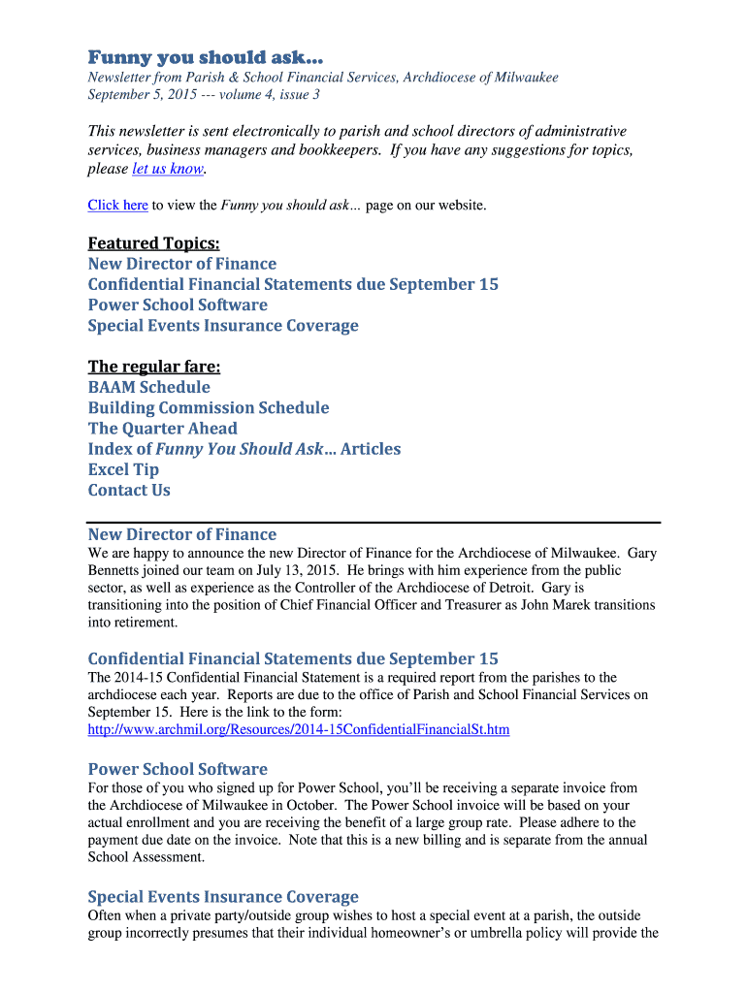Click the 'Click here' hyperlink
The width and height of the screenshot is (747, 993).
click(x=117, y=205)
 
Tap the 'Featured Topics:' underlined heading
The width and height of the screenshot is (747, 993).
click(x=153, y=242)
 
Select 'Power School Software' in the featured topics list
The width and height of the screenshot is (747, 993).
click(x=178, y=304)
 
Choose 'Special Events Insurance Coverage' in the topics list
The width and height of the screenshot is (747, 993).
click(x=223, y=325)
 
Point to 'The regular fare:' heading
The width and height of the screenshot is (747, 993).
click(x=153, y=367)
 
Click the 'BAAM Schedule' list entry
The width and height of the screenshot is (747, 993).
click(x=148, y=387)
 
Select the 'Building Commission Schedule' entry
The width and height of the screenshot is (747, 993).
click(x=209, y=407)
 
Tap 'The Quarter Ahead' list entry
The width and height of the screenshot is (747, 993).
click(x=162, y=428)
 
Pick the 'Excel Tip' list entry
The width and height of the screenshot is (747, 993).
click(x=123, y=469)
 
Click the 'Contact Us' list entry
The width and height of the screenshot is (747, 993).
click(x=129, y=490)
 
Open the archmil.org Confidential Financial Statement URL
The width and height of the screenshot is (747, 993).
click(x=299, y=729)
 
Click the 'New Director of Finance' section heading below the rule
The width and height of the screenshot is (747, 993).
click(x=182, y=534)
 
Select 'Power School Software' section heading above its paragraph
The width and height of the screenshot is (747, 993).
click(x=178, y=769)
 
